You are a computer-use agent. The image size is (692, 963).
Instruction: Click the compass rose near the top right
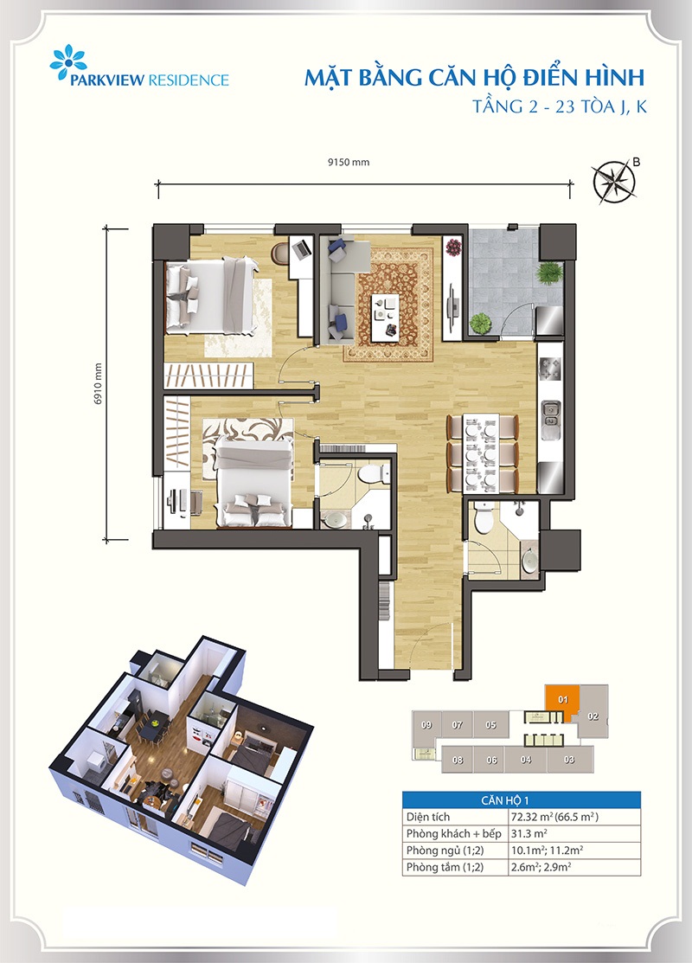point(614,182)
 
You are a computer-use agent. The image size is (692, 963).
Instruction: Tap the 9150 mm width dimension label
point(349,163)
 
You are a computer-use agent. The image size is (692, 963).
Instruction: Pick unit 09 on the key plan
point(426,725)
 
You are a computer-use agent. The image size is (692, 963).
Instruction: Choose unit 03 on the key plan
point(569,760)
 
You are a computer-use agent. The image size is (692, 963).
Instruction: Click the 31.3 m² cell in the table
point(529,833)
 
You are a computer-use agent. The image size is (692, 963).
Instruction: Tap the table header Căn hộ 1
point(504,800)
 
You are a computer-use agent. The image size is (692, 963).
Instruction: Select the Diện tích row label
point(428,817)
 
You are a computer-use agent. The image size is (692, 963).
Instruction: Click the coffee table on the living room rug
point(386,315)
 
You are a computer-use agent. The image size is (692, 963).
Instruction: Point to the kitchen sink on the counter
point(550,413)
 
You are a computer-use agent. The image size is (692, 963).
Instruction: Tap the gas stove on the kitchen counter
point(549,369)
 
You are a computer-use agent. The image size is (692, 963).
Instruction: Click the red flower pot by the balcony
point(454,248)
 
